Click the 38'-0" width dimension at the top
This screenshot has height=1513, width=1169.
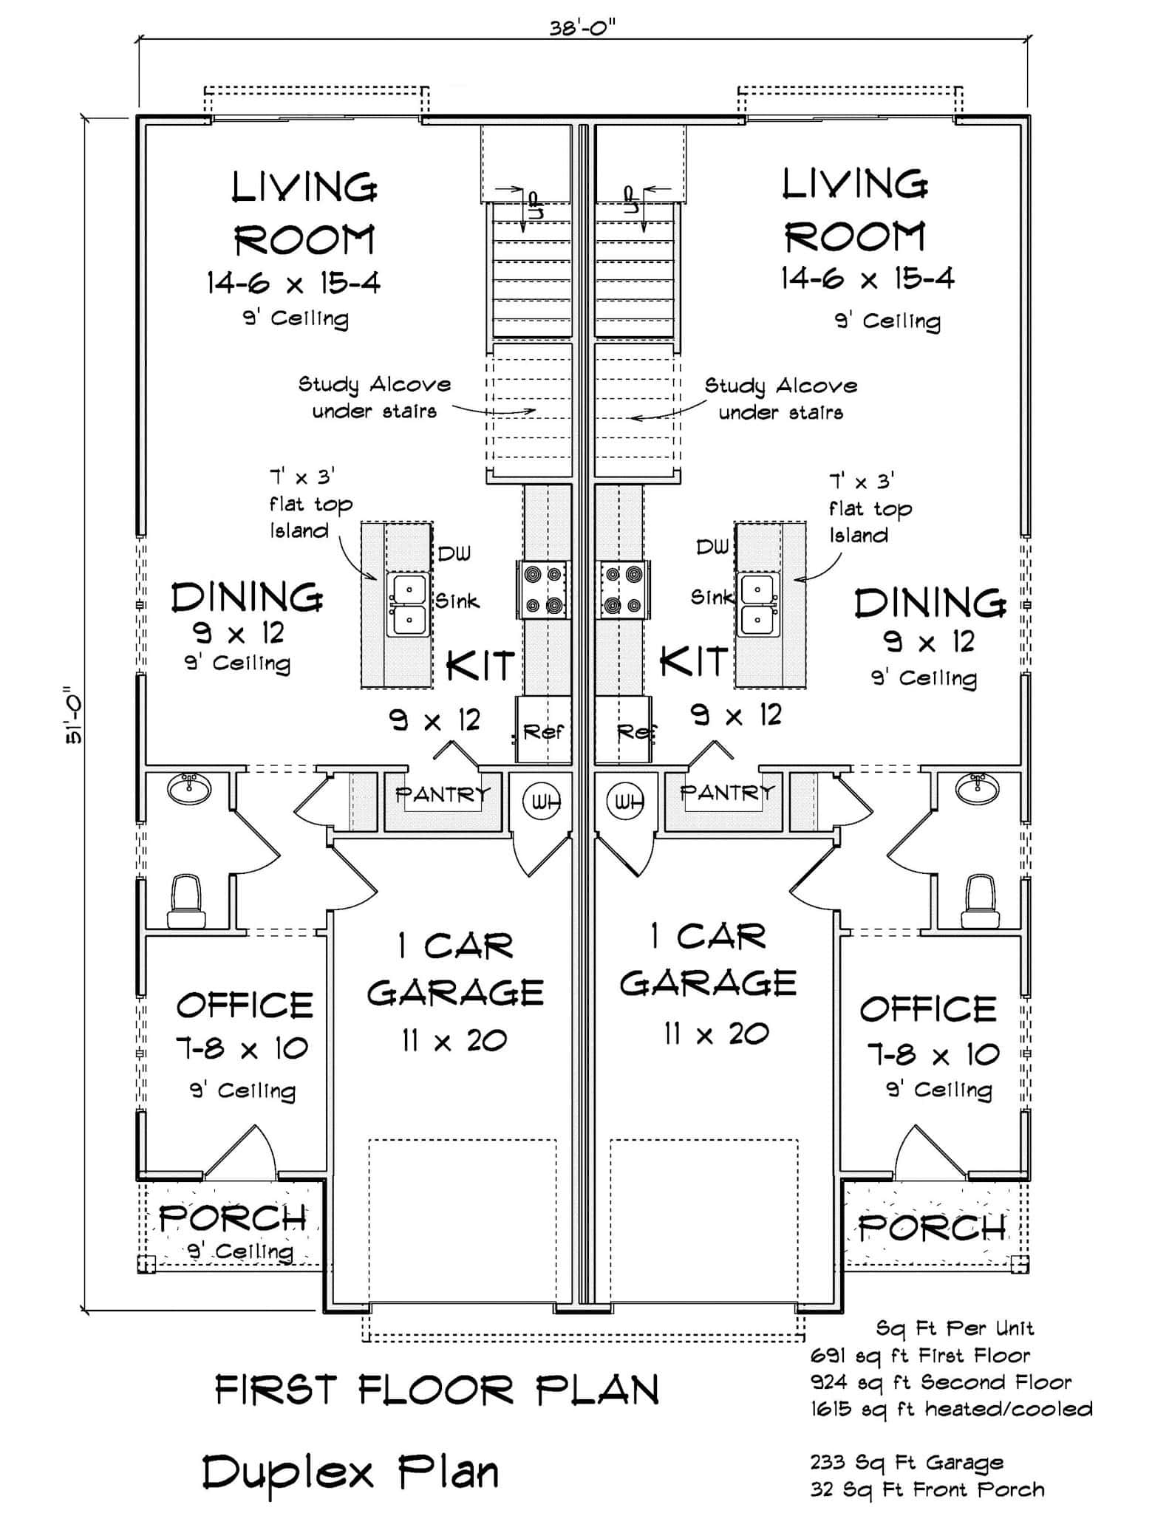pyautogui.click(x=582, y=27)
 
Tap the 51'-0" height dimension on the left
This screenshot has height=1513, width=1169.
pyautogui.click(x=74, y=716)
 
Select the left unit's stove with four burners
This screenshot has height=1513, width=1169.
pyautogui.click(x=542, y=590)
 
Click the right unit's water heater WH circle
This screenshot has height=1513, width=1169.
pyautogui.click(x=629, y=802)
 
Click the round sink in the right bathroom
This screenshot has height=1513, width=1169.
pyautogui.click(x=978, y=788)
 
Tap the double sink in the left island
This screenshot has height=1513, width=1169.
pyautogui.click(x=408, y=605)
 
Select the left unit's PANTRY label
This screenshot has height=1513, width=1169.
pyautogui.click(x=442, y=795)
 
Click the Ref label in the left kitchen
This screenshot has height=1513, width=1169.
pyautogui.click(x=543, y=732)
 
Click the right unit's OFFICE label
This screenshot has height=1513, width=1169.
pyautogui.click(x=928, y=1009)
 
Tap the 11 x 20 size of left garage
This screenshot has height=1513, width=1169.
pyautogui.click(x=454, y=1041)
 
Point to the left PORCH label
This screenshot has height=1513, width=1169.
pyautogui.click(x=233, y=1218)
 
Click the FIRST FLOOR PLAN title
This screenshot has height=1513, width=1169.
pyautogui.click(x=437, y=1390)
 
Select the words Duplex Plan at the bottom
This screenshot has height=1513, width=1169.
pyautogui.click(x=351, y=1472)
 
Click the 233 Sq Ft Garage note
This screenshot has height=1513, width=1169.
pyautogui.click(x=907, y=1462)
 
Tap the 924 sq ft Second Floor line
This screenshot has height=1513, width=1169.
pyautogui.click(x=941, y=1382)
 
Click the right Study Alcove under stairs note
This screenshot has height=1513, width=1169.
pyautogui.click(x=780, y=399)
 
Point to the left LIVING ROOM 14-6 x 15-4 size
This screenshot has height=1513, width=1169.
pyautogui.click(x=293, y=283)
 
